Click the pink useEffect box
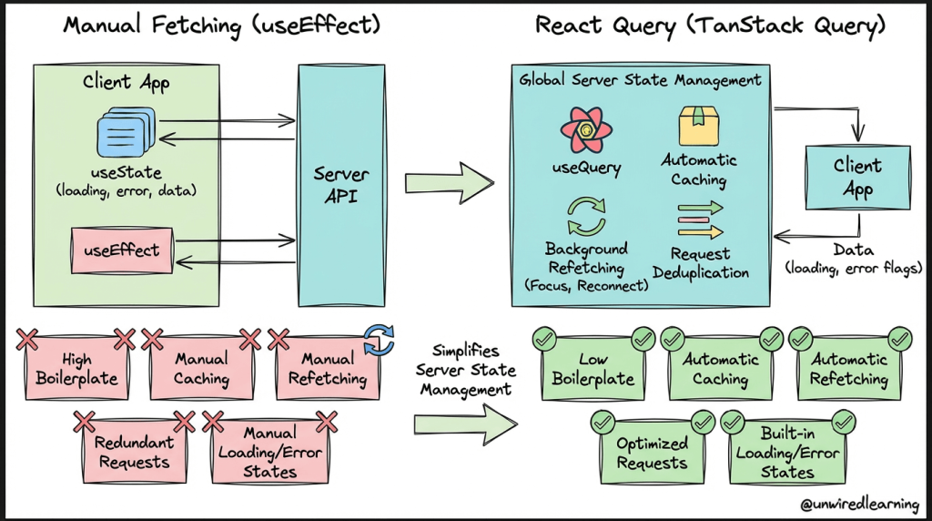click(121, 250)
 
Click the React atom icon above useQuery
click(586, 130)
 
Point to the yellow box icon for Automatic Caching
click(699, 126)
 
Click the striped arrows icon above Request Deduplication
click(699, 220)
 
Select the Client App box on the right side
click(857, 178)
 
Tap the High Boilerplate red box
click(77, 370)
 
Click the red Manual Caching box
click(202, 370)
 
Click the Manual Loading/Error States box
click(269, 453)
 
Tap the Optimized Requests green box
click(652, 453)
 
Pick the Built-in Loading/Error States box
click(787, 453)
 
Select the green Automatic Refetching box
click(849, 369)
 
